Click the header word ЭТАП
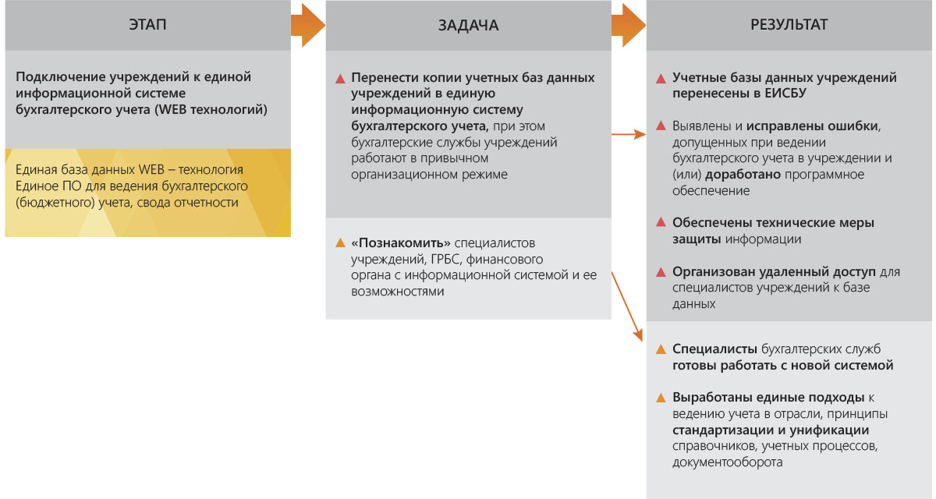[147, 25]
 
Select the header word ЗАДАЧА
[468, 26]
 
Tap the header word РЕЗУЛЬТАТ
[789, 25]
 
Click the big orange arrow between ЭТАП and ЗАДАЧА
[308, 26]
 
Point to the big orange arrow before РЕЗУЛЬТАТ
[629, 26]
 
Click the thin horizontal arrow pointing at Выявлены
[629, 134]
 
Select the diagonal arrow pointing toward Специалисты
[627, 306]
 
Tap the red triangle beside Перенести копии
[340, 79]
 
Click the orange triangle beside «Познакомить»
[340, 242]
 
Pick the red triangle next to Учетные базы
[661, 79]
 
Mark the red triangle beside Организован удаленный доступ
[661, 272]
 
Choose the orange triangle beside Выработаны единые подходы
[661, 398]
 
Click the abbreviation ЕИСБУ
[785, 93]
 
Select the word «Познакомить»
[400, 242]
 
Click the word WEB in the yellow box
[151, 169]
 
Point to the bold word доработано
[743, 174]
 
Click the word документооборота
[727, 462]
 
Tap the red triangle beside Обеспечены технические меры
[661, 222]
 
